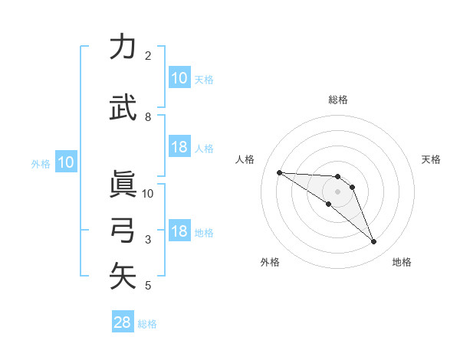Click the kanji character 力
pyautogui.click(x=123, y=47)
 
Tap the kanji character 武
pyautogui.click(x=123, y=108)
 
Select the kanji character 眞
pyautogui.click(x=123, y=184)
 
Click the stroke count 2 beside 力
pyautogui.click(x=148, y=56)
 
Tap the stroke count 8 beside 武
pyautogui.click(x=148, y=117)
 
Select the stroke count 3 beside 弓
pyautogui.click(x=148, y=240)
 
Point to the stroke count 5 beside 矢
pyautogui.click(x=148, y=286)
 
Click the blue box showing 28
pyautogui.click(x=123, y=322)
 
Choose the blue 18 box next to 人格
pyautogui.click(x=179, y=147)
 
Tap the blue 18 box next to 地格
pyautogui.click(x=179, y=231)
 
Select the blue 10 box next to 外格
pyautogui.click(x=65, y=162)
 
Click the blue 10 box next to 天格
pyautogui.click(x=179, y=78)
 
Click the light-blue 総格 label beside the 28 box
pyautogui.click(x=147, y=324)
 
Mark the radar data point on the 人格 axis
pyautogui.click(x=279, y=172)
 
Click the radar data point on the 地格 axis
pyautogui.click(x=374, y=242)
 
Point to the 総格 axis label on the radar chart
pyautogui.click(x=337, y=100)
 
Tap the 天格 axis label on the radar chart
pyautogui.click(x=431, y=159)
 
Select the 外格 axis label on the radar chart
pyautogui.click(x=270, y=262)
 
